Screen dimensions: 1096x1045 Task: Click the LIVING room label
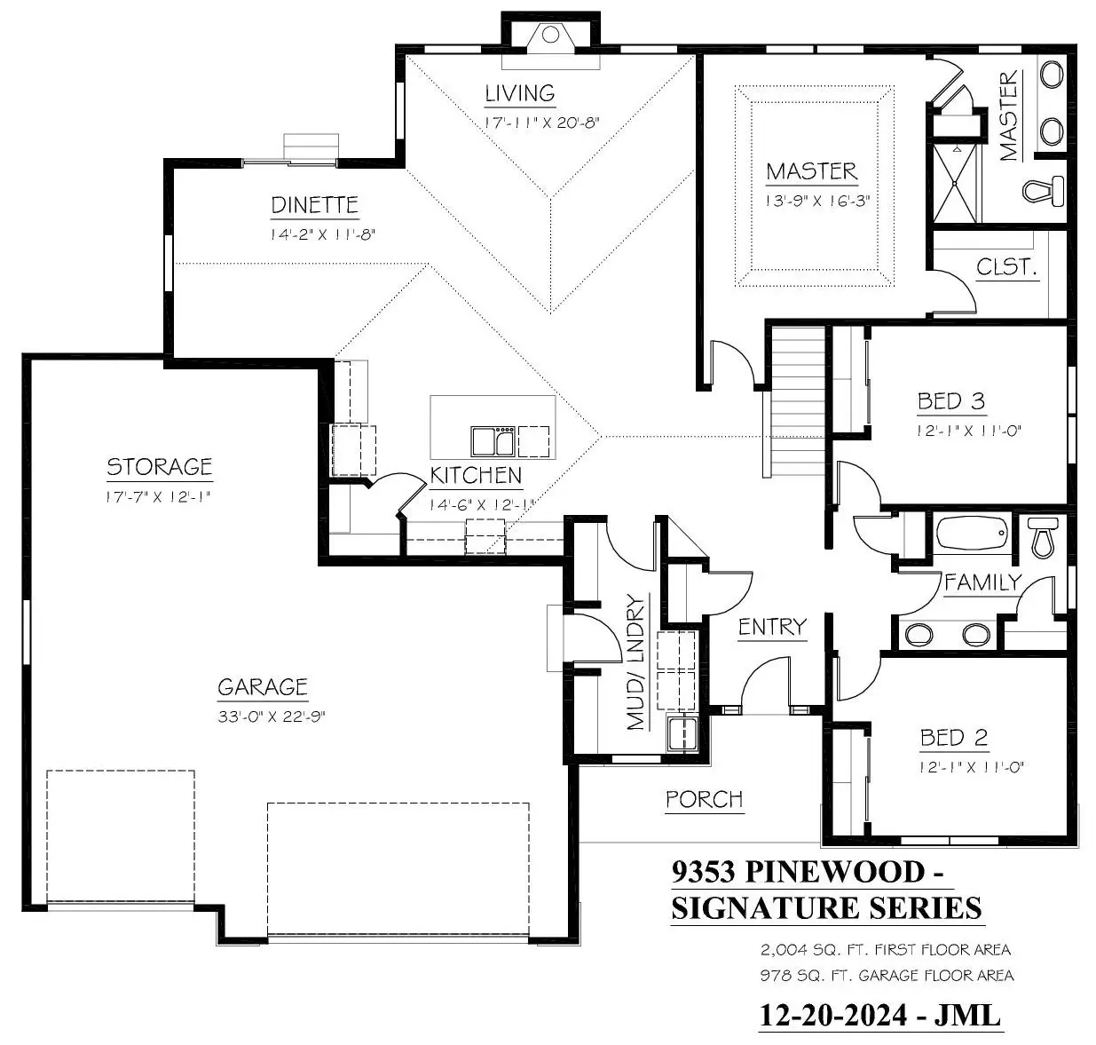(x=519, y=93)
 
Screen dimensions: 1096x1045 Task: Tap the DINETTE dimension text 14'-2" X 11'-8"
(x=322, y=234)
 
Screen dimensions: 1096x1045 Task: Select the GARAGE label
(x=263, y=687)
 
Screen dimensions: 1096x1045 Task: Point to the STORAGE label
(x=160, y=467)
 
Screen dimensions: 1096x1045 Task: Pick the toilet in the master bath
(x=1044, y=191)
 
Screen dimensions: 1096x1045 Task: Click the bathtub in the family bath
(x=972, y=534)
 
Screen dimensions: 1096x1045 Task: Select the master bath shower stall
(x=955, y=183)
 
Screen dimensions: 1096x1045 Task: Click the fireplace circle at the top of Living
(x=550, y=36)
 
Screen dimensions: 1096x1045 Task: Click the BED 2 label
(x=954, y=738)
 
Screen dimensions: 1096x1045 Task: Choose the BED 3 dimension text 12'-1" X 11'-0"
(x=969, y=431)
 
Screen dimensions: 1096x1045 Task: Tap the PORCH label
(x=705, y=800)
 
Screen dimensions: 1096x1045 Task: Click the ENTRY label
(x=773, y=627)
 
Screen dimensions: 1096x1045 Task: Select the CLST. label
(x=1006, y=267)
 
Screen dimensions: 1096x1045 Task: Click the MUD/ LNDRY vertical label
(x=635, y=662)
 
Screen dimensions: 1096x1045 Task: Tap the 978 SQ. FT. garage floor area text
(x=887, y=975)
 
